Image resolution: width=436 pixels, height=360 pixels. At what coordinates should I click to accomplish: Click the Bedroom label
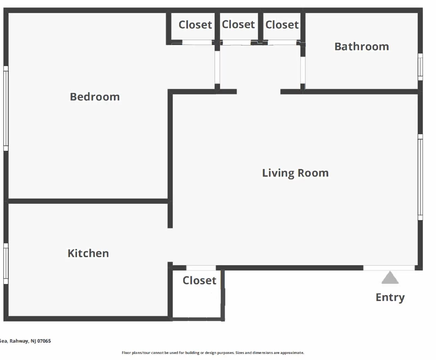[95, 97]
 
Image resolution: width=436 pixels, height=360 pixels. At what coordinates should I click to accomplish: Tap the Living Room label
[295, 173]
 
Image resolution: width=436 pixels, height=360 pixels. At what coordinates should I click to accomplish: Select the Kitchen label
[88, 253]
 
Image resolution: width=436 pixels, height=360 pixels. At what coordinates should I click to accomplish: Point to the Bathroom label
[362, 47]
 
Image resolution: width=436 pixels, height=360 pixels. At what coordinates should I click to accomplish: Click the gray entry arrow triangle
[390, 278]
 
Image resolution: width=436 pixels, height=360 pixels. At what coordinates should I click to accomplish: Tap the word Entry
[390, 297]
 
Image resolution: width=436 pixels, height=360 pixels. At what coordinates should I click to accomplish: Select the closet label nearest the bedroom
[195, 25]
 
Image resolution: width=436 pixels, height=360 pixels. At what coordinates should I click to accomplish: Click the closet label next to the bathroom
[282, 25]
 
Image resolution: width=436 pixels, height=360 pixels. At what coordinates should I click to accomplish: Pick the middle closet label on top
[238, 25]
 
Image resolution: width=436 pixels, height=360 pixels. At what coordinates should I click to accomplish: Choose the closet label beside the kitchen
[199, 280]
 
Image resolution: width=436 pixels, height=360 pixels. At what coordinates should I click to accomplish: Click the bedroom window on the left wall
[6, 108]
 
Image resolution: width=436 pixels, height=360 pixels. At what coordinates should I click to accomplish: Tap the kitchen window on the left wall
[6, 263]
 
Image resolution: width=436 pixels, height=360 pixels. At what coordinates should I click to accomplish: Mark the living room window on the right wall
[420, 177]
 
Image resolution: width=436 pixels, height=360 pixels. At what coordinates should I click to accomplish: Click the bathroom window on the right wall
[420, 67]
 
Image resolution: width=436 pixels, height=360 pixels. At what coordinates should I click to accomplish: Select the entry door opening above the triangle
[389, 268]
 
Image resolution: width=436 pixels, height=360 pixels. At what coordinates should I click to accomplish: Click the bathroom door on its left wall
[302, 70]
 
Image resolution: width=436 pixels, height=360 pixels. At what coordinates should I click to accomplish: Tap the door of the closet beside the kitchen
[201, 268]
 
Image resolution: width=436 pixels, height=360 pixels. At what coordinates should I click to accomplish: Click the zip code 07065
[44, 341]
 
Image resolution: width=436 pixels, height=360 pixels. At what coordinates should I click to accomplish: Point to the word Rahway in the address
[19, 341]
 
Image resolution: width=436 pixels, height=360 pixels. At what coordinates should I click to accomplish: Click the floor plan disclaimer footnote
[213, 353]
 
